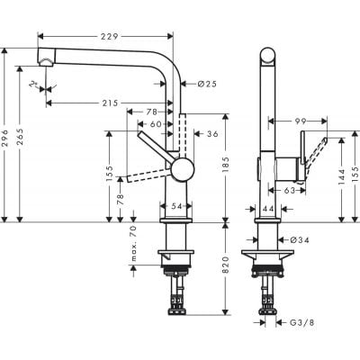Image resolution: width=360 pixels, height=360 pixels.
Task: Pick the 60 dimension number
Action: click(x=156, y=123)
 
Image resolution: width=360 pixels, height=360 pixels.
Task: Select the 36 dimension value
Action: click(x=212, y=134)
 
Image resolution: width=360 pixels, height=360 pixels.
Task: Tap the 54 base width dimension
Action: click(x=175, y=207)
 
